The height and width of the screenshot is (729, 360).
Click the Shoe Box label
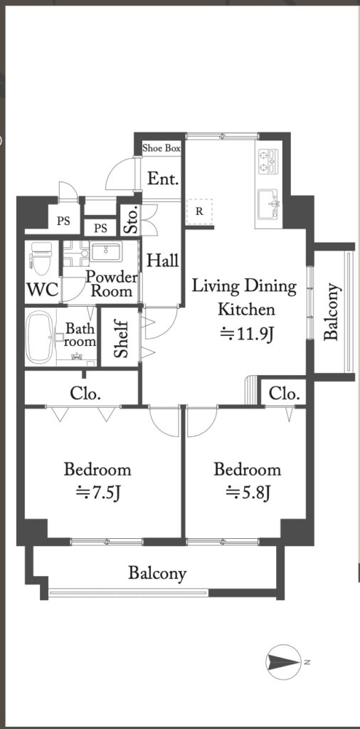(162, 149)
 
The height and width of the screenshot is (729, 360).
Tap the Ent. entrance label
(163, 179)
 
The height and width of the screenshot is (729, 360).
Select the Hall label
(163, 261)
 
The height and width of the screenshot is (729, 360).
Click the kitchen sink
(268, 203)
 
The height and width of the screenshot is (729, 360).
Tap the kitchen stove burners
(268, 162)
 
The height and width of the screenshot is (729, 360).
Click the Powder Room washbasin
(107, 251)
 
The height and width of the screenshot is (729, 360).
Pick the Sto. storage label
(132, 219)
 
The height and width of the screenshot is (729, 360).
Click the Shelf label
(120, 338)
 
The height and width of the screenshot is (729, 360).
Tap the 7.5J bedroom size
(98, 491)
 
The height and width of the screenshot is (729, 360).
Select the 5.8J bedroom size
(248, 491)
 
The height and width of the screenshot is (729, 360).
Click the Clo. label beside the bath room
(85, 394)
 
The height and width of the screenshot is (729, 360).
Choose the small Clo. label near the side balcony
(284, 394)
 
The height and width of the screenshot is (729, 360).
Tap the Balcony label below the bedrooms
(157, 573)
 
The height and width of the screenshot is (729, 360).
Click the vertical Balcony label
(332, 312)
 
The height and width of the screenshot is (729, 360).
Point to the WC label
(43, 290)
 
